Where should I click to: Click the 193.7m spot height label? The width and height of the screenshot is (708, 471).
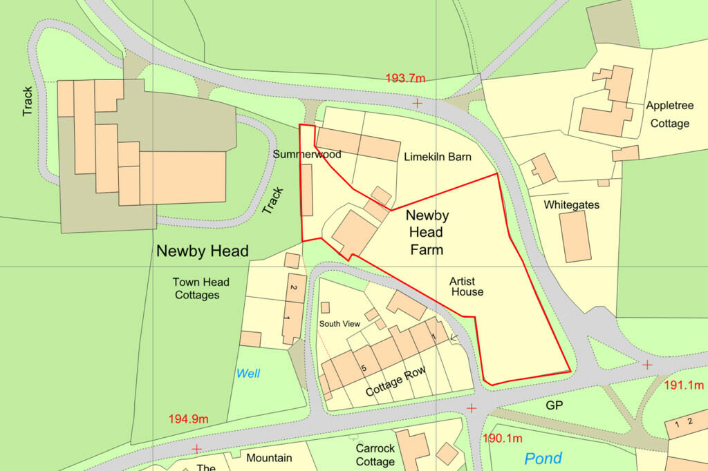pyautogui.click(x=405, y=78)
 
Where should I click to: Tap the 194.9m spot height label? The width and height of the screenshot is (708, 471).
pyautogui.click(x=188, y=419)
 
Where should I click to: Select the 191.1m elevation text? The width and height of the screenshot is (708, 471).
pyautogui.click(x=683, y=385)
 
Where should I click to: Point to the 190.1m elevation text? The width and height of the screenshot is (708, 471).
pyautogui.click(x=502, y=438)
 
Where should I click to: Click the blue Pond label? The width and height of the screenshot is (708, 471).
pyautogui.click(x=543, y=458)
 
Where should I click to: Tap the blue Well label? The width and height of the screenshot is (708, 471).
pyautogui.click(x=248, y=374)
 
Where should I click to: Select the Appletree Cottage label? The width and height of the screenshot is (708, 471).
pyautogui.click(x=668, y=115)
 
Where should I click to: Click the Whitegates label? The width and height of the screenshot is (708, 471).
pyautogui.click(x=571, y=205)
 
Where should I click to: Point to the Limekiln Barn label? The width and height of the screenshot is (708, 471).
pyautogui.click(x=437, y=157)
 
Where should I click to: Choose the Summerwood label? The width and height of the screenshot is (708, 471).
pyautogui.click(x=307, y=154)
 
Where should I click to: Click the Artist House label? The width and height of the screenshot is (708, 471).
pyautogui.click(x=466, y=287)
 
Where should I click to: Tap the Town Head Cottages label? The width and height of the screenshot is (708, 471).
pyautogui.click(x=201, y=289)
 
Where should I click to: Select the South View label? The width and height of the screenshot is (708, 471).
pyautogui.click(x=339, y=323)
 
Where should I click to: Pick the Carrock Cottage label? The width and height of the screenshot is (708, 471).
pyautogui.click(x=375, y=454)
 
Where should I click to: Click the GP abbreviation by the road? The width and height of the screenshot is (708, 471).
pyautogui.click(x=555, y=405)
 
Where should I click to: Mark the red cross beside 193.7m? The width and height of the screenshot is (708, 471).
pyautogui.click(x=417, y=103)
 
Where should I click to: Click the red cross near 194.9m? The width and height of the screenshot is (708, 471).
pyautogui.click(x=196, y=448)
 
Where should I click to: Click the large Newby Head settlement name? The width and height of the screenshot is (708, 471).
pyautogui.click(x=202, y=251)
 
